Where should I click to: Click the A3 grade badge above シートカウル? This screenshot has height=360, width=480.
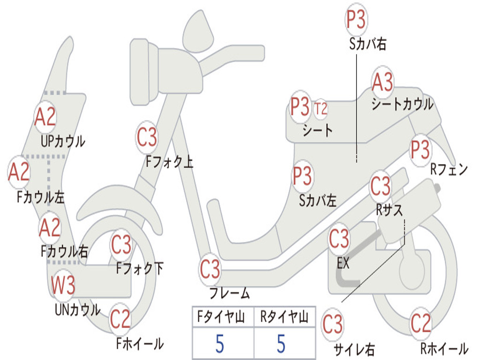tap(382, 82)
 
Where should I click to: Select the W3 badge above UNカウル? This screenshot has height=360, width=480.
tap(63, 285)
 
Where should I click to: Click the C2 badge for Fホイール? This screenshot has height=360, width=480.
tap(120, 320)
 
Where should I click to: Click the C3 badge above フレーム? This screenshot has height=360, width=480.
tap(210, 270)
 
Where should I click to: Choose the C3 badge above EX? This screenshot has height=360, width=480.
tap(339, 239)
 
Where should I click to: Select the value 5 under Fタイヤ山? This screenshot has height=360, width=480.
tap(220, 344)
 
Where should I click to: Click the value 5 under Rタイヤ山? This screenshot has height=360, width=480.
tap(281, 344)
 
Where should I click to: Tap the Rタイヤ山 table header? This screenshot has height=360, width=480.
tap(285, 318)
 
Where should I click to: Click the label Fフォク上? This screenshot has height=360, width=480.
tap(169, 162)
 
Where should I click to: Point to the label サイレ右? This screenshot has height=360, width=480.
tap(354, 349)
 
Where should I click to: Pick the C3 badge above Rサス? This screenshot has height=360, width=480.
tap(380, 187)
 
